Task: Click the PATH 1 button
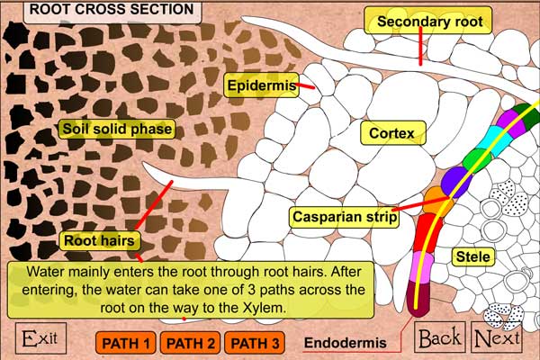(x=126, y=343)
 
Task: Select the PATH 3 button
(x=254, y=343)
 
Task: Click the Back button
(x=440, y=337)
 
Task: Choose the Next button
(x=497, y=338)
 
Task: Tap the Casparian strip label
(x=345, y=217)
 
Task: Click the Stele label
(x=473, y=257)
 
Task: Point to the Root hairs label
(x=99, y=240)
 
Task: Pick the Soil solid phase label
(x=116, y=128)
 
